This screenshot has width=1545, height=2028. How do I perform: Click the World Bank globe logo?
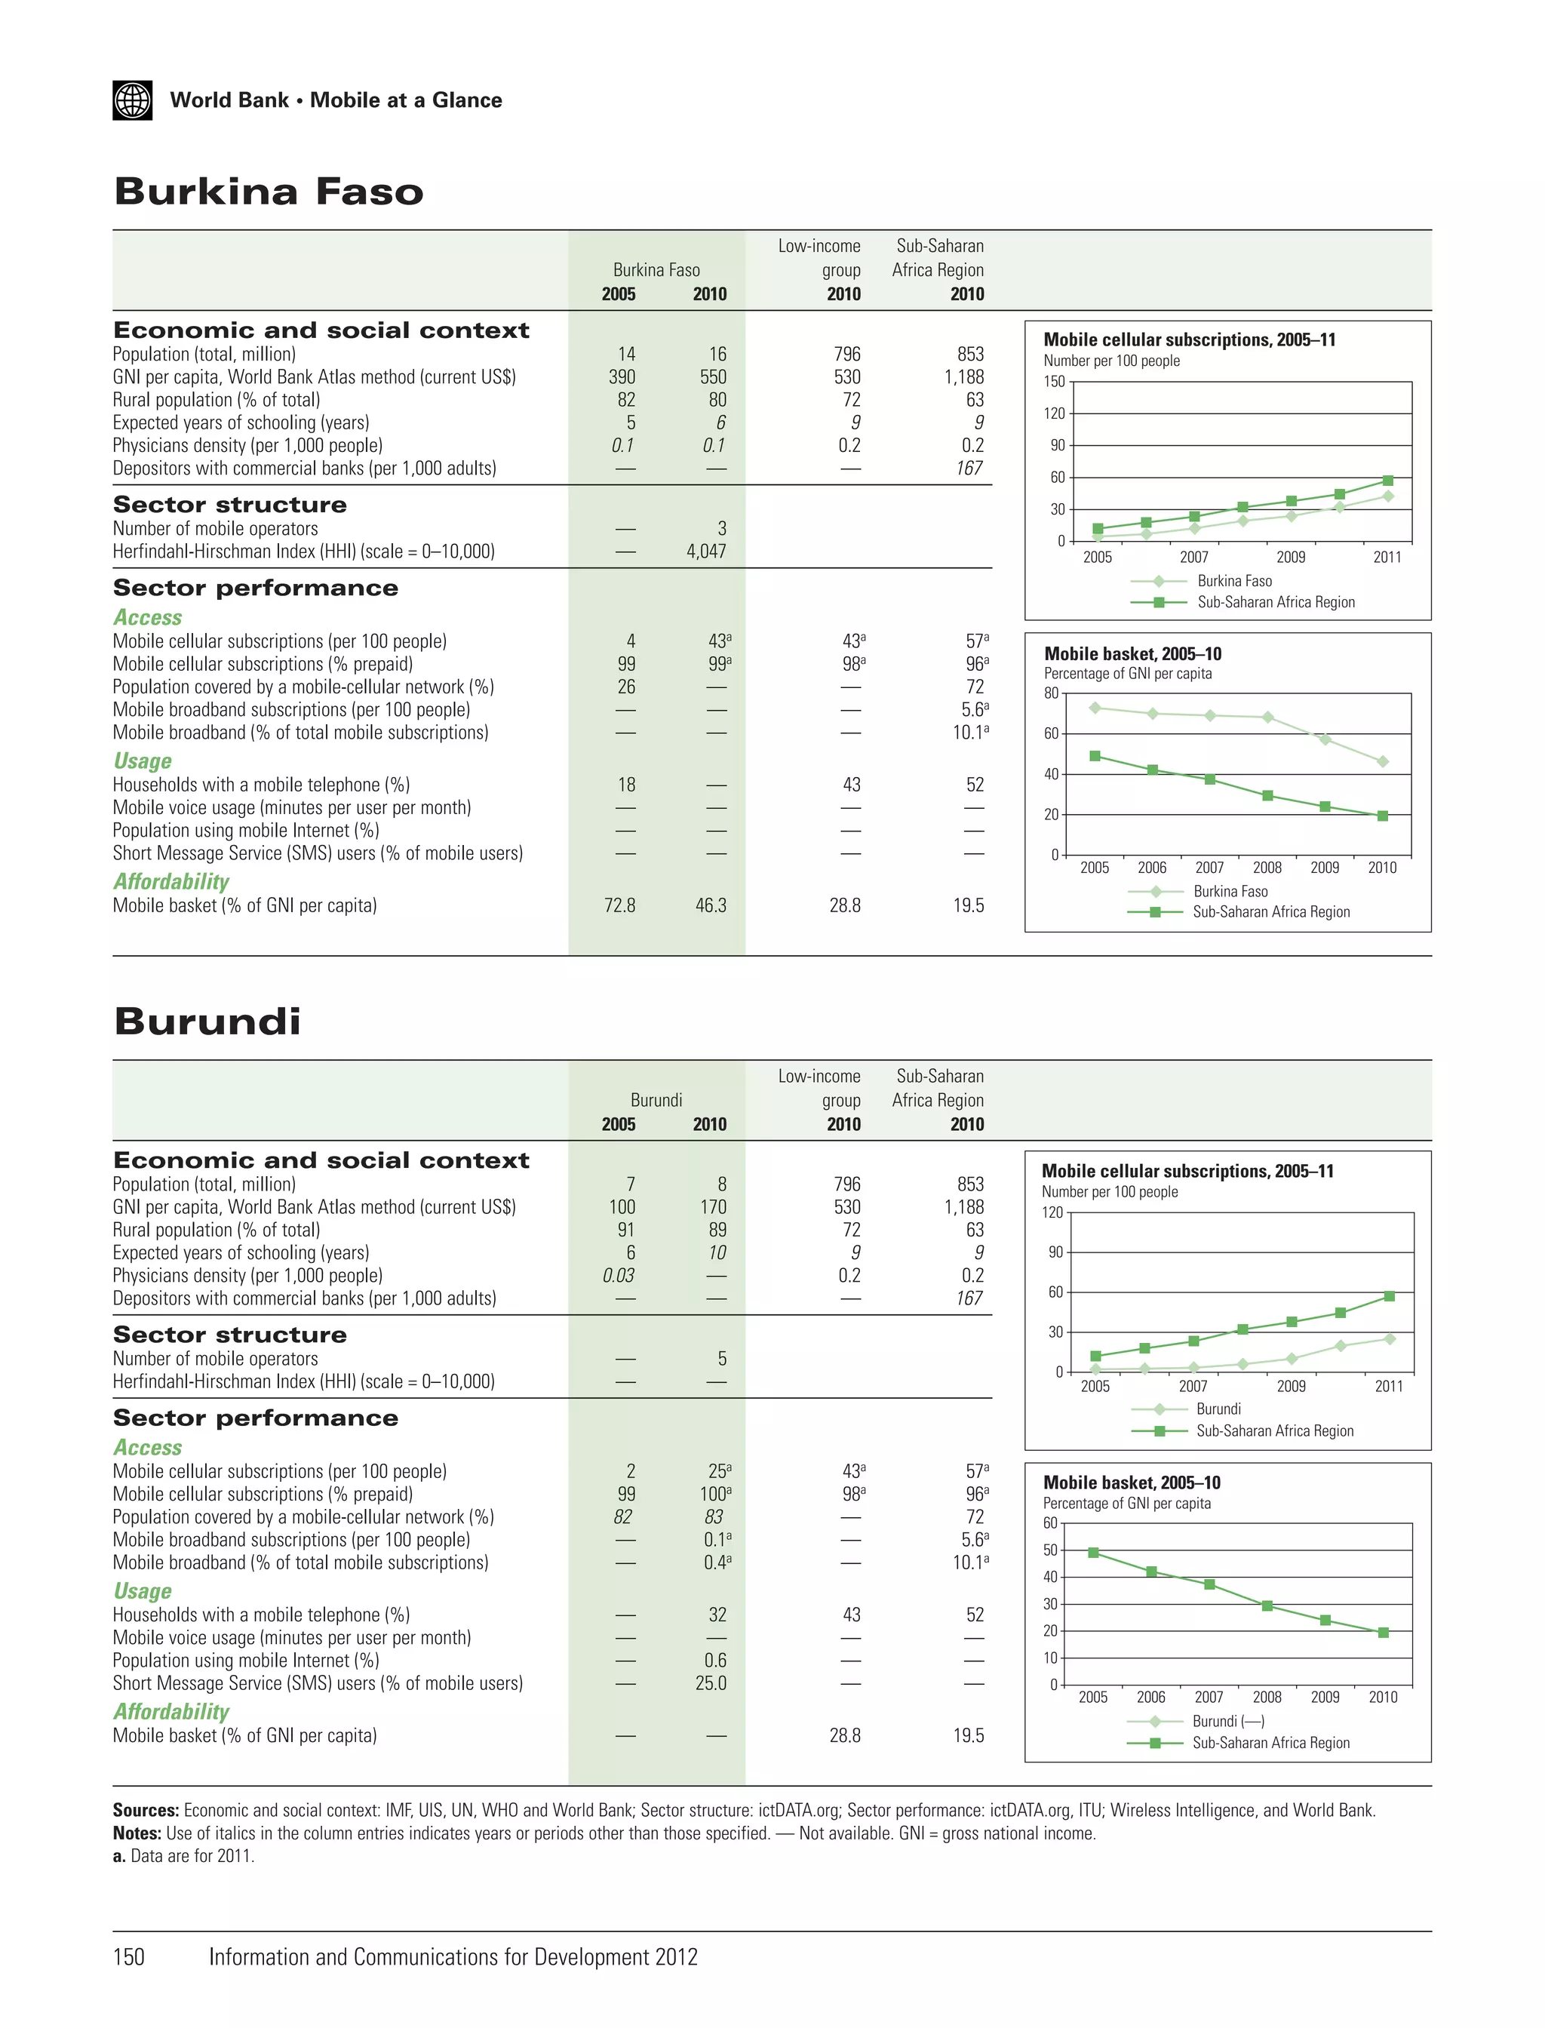click(x=133, y=100)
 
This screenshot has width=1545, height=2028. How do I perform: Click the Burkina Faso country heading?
click(x=268, y=192)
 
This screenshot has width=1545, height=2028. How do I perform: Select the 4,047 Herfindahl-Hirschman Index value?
click(x=705, y=552)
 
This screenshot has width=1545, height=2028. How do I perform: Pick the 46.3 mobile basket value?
click(x=710, y=906)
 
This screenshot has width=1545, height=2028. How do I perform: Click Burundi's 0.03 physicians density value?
click(x=618, y=1276)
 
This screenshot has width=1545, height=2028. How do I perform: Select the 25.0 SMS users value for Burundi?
click(x=710, y=1683)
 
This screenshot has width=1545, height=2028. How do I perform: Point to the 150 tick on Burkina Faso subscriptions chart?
click(x=1054, y=382)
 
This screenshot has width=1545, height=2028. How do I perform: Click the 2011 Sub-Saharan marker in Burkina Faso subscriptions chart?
click(x=1388, y=481)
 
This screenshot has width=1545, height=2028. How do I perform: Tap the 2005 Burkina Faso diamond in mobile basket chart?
click(x=1095, y=708)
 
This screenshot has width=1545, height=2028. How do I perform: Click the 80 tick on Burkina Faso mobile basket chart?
click(x=1050, y=693)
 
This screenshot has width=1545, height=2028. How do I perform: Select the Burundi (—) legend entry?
click(x=1227, y=1721)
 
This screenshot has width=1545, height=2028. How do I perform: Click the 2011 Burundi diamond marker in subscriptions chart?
click(x=1390, y=1339)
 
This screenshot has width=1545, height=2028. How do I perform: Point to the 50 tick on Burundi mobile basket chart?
click(x=1050, y=1550)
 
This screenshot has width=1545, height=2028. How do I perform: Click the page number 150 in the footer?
click(x=129, y=1956)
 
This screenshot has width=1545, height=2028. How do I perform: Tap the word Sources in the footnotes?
click(x=146, y=1810)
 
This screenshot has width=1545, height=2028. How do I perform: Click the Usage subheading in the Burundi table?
click(x=143, y=1591)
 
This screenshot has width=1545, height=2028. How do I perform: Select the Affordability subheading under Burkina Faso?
click(x=171, y=882)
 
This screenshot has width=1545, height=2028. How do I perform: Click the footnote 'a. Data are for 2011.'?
click(x=183, y=1855)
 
